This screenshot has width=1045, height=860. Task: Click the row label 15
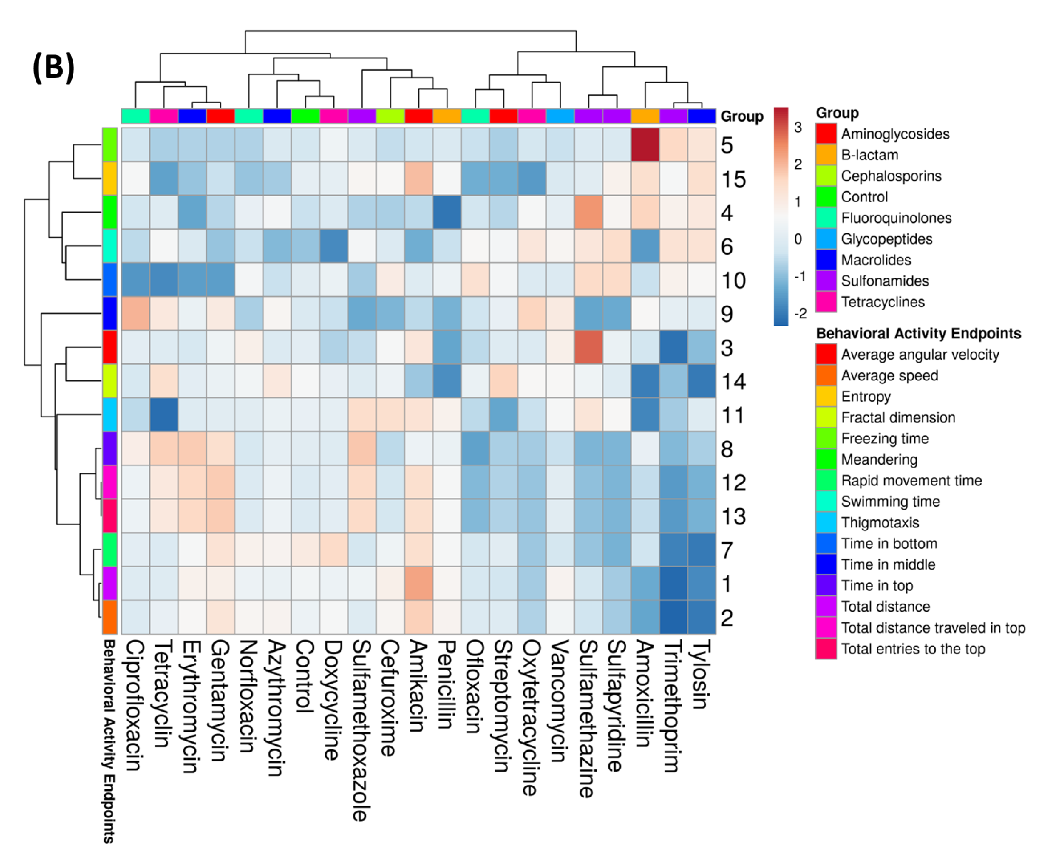tap(733, 179)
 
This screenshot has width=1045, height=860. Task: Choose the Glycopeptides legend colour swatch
tap(825, 239)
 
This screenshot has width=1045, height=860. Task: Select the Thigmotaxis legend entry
tap(880, 523)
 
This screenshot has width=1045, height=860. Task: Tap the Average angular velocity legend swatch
tap(825, 355)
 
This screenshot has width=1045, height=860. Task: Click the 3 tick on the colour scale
tap(797, 127)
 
